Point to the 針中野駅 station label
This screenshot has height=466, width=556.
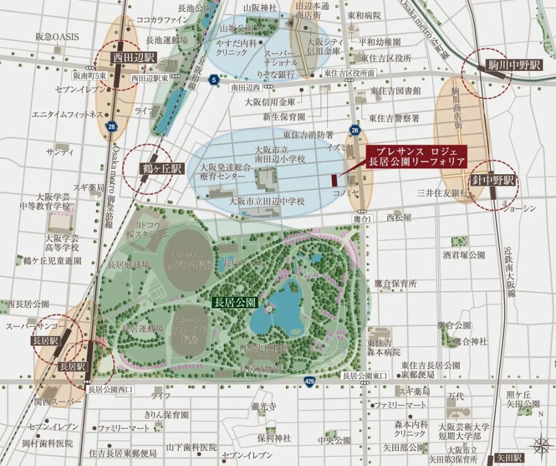click(494, 181)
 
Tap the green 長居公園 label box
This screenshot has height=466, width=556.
click(234, 302)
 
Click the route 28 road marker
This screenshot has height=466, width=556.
click(111, 126)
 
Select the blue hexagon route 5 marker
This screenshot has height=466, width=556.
click(215, 79)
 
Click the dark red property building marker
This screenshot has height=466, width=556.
click(335, 181)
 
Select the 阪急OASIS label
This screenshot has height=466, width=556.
click(57, 37)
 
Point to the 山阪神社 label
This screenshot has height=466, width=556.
click(259, 8)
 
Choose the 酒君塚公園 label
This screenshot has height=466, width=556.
click(463, 255)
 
